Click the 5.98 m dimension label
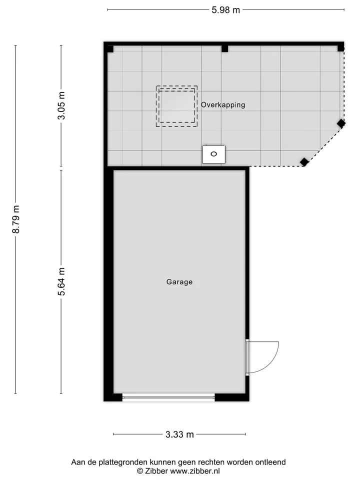(225, 10)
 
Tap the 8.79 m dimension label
(16, 219)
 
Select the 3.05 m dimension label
(61, 105)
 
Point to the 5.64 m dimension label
(61, 281)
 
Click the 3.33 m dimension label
(179, 434)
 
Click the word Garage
(179, 281)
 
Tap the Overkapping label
(223, 104)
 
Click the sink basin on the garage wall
(213, 154)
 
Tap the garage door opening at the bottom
(168, 397)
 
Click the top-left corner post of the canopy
(110, 49)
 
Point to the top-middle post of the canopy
(224, 48)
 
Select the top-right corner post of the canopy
(340, 48)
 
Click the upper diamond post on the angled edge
(341, 123)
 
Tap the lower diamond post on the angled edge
(304, 162)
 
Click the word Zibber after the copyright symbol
(156, 471)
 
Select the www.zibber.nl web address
(195, 471)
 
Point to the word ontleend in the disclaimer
(271, 462)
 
